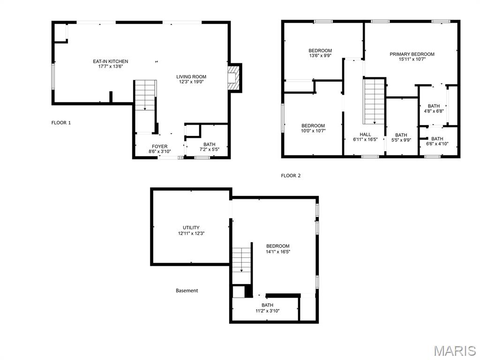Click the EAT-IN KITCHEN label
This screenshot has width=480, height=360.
(111, 61)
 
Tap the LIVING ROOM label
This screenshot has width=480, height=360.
(191, 76)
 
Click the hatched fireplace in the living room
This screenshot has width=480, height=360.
(232, 78)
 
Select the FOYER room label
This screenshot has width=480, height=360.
(160, 146)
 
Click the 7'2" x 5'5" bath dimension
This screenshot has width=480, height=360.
(210, 150)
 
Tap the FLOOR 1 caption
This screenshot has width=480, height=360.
(61, 123)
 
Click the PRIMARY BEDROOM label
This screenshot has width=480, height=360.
(412, 54)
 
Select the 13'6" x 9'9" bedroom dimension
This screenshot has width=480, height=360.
(320, 56)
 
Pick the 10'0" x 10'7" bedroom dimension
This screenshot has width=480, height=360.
(313, 131)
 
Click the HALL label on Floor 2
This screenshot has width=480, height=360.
(365, 134)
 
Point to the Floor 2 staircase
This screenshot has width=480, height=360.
(374, 101)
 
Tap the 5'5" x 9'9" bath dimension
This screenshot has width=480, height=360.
(401, 140)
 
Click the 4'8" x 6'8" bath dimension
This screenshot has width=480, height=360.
(434, 112)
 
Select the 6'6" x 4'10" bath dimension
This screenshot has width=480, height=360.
(437, 144)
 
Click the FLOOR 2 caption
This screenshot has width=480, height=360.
(291, 176)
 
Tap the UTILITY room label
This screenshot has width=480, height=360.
(191, 227)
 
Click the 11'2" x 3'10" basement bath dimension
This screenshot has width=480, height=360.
(268, 311)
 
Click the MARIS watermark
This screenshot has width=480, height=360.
(454, 351)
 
